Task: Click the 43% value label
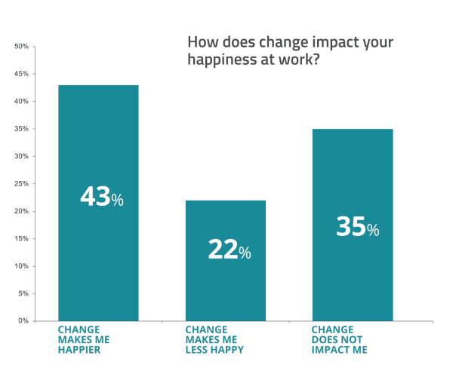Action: click(101, 198)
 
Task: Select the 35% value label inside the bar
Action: click(357, 227)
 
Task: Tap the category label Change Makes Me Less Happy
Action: click(214, 340)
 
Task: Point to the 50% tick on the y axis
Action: click(21, 47)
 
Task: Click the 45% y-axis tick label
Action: click(21, 74)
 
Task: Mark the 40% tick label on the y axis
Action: click(21, 102)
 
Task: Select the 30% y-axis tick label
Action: click(21, 157)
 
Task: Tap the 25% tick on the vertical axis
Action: click(21, 184)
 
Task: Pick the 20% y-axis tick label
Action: click(21, 212)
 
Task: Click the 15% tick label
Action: click(21, 239)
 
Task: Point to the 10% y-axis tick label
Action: click(21, 266)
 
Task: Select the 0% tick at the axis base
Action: click(23, 321)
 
